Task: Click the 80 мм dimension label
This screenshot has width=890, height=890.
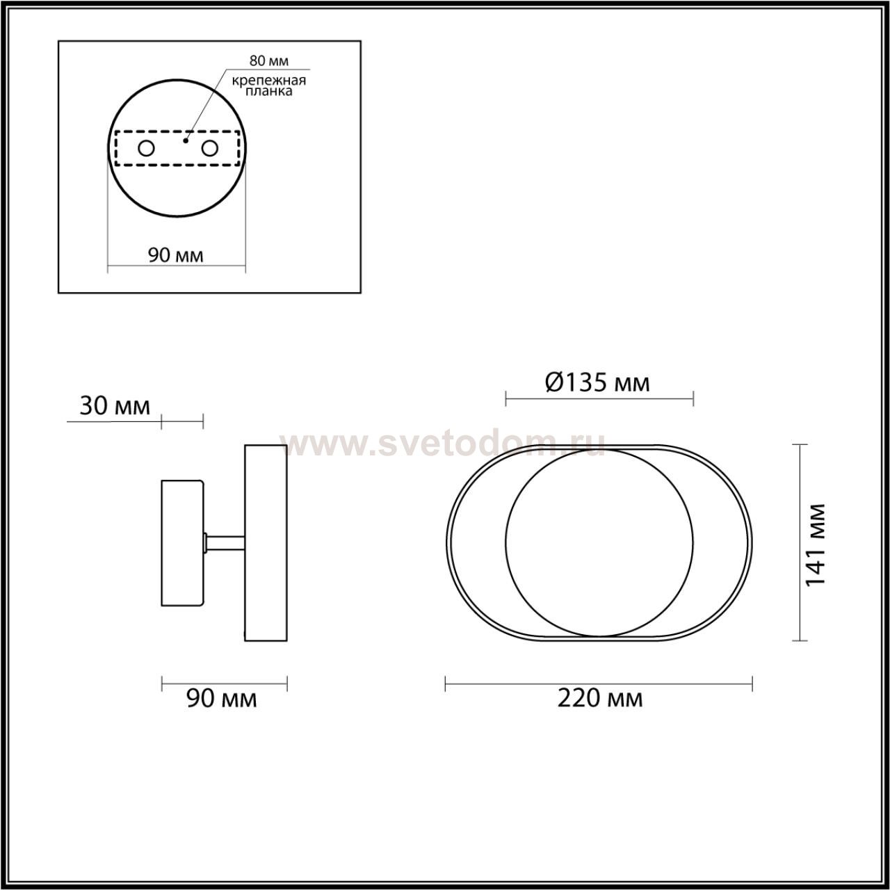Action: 269,61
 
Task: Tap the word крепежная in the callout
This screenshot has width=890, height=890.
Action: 269,81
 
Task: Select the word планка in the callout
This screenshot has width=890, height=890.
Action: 269,91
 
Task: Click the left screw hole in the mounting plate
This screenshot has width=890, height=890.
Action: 147,149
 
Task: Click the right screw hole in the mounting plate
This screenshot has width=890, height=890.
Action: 209,149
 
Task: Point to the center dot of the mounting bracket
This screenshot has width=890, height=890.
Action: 186,140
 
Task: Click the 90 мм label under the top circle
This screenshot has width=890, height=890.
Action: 175,255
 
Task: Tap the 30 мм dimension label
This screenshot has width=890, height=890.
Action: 115,407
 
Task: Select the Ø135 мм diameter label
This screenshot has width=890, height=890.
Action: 598,383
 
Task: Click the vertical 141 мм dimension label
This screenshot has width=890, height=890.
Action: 815,544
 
